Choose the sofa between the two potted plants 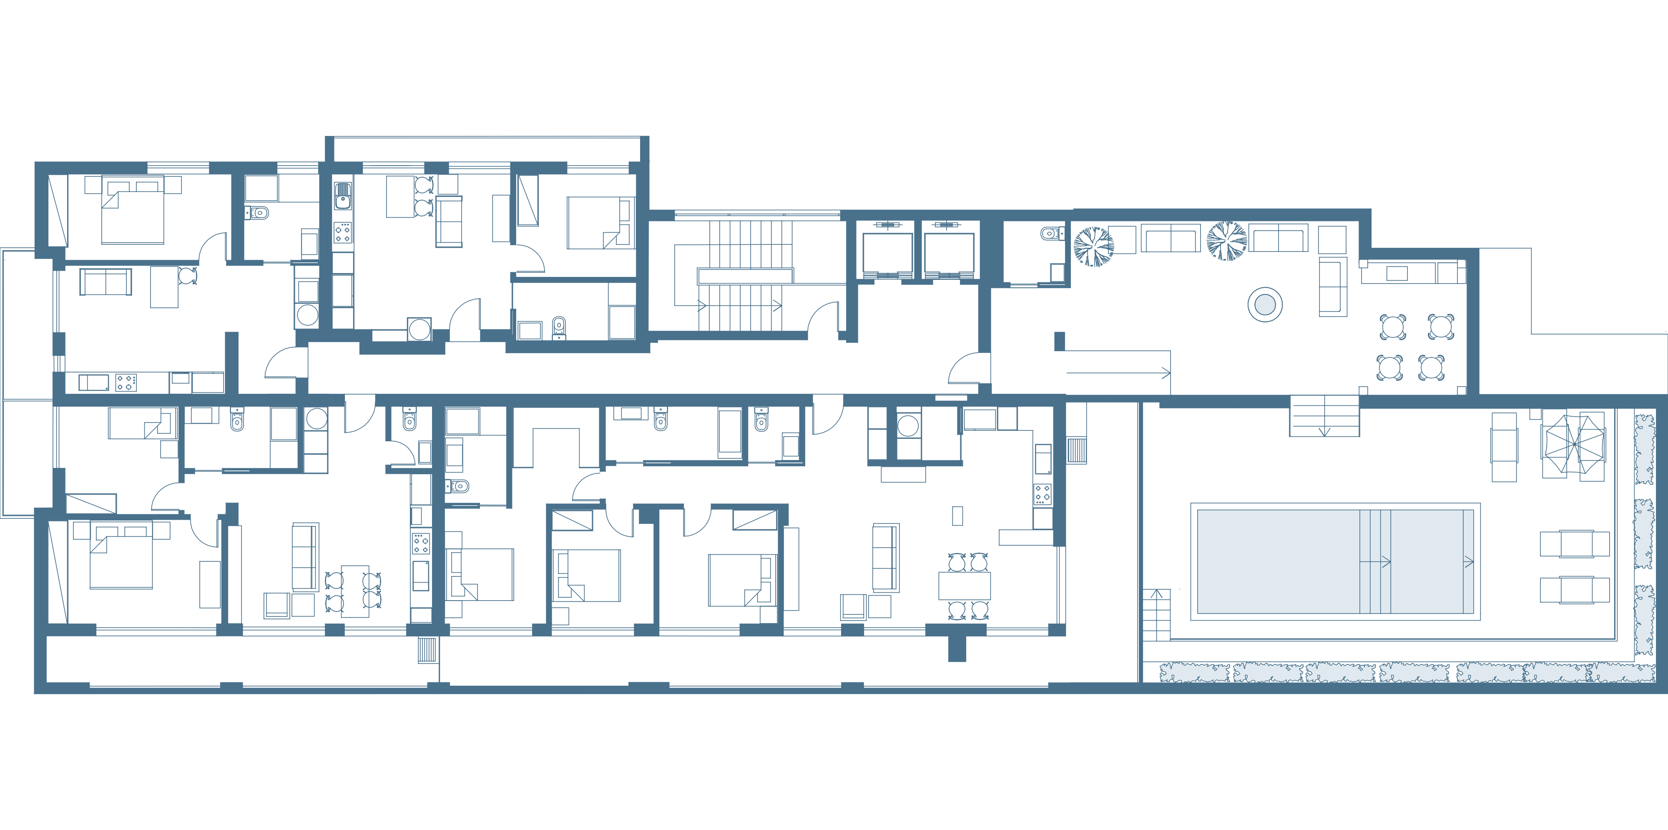pyautogui.click(x=1169, y=238)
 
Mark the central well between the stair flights pyautogui.click(x=745, y=277)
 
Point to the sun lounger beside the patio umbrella pyautogui.click(x=1504, y=447)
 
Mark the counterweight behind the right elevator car pyautogui.click(x=949, y=225)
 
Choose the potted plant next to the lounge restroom pyautogui.click(x=1094, y=245)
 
